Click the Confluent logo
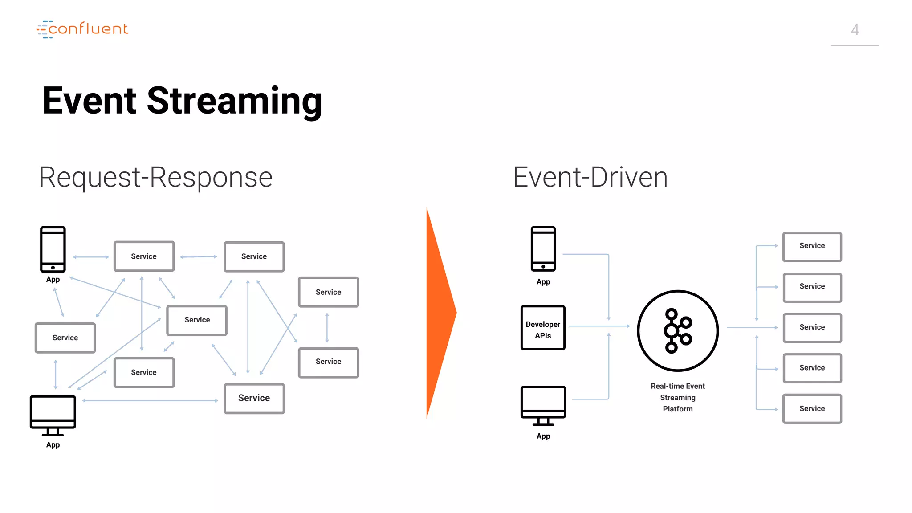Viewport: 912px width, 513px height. click(x=83, y=29)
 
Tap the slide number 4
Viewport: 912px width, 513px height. click(x=855, y=30)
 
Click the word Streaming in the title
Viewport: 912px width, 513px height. click(x=234, y=101)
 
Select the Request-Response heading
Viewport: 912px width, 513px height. click(x=155, y=177)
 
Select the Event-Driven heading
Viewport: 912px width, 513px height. click(x=590, y=177)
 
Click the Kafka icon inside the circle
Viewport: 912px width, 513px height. click(x=677, y=331)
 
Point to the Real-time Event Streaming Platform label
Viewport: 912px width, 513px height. click(x=677, y=397)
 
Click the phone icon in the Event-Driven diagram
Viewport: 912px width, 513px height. click(x=543, y=249)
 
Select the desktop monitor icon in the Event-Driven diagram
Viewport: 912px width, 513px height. click(x=543, y=405)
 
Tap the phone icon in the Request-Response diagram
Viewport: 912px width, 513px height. click(x=53, y=249)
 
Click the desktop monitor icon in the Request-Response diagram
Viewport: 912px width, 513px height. click(x=53, y=415)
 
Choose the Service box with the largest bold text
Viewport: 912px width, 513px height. click(x=254, y=398)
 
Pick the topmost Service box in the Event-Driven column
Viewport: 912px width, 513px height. click(x=812, y=246)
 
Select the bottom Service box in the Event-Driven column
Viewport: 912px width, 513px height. click(x=812, y=408)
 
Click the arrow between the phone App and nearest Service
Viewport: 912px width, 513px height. click(x=91, y=257)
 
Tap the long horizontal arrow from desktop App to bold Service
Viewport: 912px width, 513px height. click(x=151, y=401)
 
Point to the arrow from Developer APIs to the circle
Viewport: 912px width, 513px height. click(x=599, y=326)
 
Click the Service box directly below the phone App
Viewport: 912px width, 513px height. click(x=65, y=338)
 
